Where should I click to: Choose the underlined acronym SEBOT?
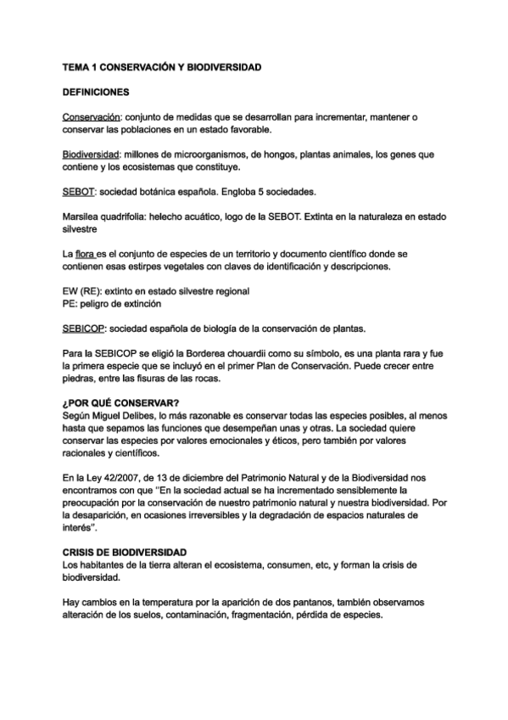pos(79,192)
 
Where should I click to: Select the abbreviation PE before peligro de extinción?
pos(70,303)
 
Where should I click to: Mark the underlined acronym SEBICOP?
pos(87,328)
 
